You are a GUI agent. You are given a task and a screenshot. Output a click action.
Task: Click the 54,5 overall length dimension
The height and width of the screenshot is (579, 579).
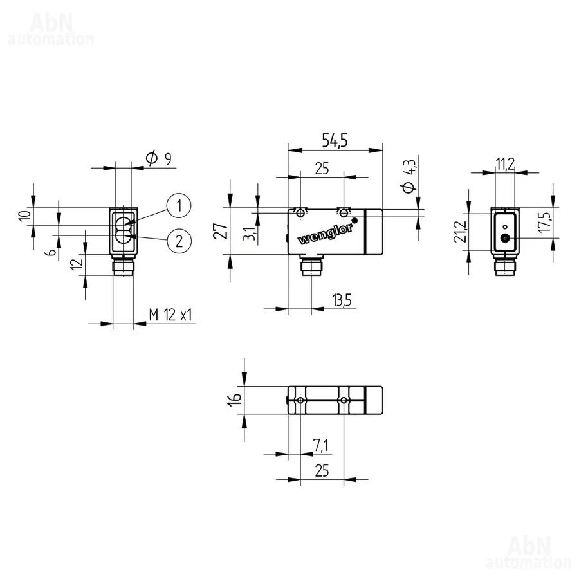335,140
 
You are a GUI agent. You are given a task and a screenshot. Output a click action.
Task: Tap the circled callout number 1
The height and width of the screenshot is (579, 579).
179,205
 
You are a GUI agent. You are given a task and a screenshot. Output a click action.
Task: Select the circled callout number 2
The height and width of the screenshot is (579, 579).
179,241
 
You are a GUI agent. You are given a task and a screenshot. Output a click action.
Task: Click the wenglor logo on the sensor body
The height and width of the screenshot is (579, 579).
325,235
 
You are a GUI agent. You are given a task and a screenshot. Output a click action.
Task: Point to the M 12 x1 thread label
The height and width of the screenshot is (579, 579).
170,315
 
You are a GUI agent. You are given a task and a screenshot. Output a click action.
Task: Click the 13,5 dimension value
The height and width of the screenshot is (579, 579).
342,300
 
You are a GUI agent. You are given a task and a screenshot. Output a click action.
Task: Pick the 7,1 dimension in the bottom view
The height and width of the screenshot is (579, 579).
320,445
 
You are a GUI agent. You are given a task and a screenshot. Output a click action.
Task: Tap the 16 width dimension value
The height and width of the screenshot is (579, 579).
234,400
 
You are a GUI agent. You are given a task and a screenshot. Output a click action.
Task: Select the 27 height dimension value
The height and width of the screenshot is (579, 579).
221,231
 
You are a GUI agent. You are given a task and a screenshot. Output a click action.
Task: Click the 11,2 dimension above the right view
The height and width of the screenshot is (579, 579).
505,163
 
